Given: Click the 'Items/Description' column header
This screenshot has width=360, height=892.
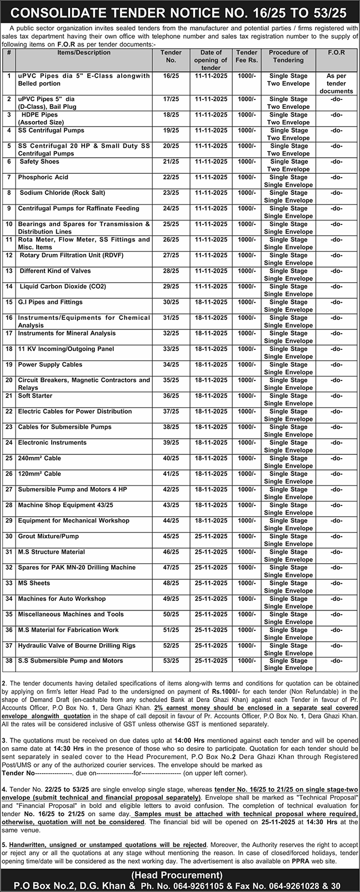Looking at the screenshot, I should pyautogui.click(x=84, y=53).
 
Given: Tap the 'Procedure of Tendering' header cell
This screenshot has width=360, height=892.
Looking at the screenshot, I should pyautogui.click(x=288, y=56).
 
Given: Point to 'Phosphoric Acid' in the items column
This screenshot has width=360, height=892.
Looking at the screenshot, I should pyautogui.click(x=44, y=177).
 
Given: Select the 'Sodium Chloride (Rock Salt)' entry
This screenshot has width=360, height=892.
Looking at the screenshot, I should pyautogui.click(x=62, y=193).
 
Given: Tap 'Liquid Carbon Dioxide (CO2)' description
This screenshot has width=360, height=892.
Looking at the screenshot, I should pyautogui.click(x=63, y=286).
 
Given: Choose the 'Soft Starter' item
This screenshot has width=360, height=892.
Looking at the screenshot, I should pyautogui.click(x=35, y=395).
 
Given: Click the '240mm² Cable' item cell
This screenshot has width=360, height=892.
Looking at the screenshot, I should pyautogui.click(x=39, y=458).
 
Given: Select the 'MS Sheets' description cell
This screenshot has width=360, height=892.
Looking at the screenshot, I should pyautogui.click(x=34, y=583).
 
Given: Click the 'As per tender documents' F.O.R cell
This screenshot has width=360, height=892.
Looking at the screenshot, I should pyautogui.click(x=336, y=83).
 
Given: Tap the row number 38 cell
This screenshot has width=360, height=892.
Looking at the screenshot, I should pyautogui.click(x=9, y=661).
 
